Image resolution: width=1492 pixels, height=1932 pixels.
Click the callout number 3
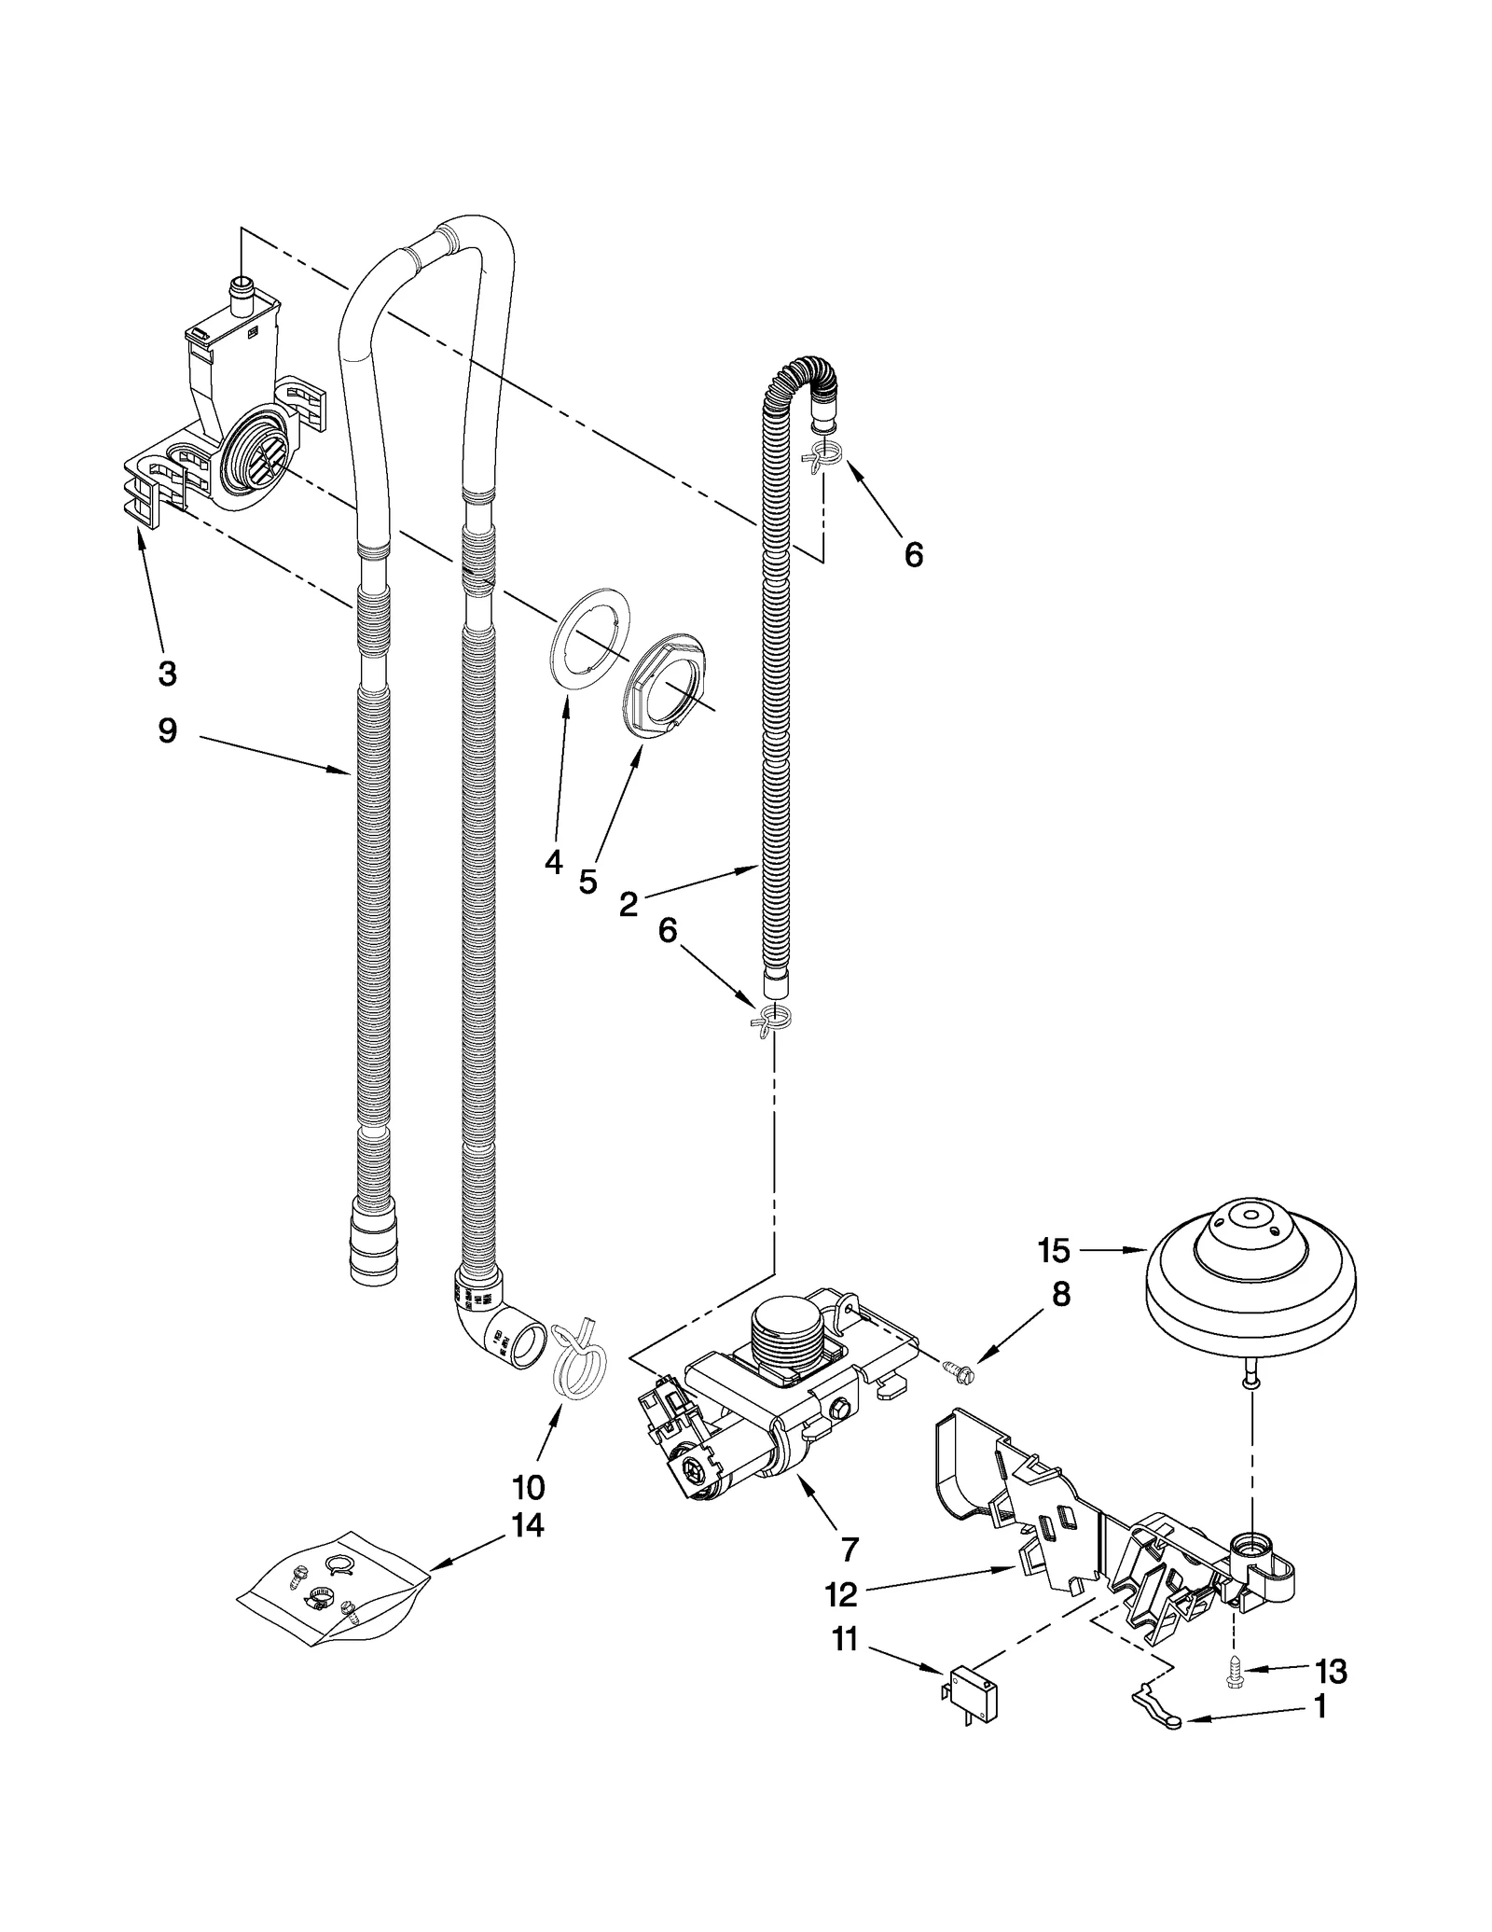[x=167, y=673]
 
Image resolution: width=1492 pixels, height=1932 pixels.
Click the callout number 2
[x=629, y=903]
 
